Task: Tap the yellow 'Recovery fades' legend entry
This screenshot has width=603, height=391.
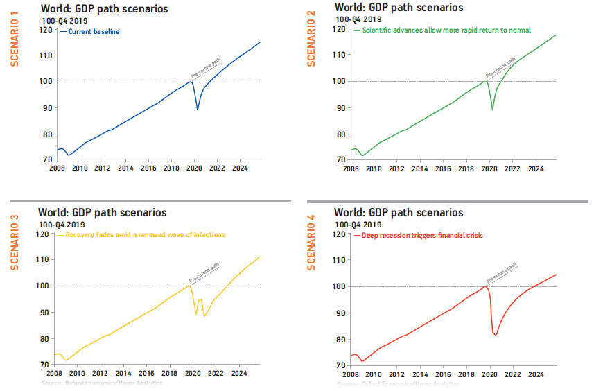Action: click(145, 235)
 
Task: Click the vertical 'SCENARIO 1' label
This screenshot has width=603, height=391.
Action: click(13, 44)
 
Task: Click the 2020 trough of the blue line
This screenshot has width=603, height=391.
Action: click(198, 110)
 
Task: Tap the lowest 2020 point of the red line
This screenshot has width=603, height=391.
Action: click(495, 335)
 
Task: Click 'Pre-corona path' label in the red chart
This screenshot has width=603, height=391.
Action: click(503, 273)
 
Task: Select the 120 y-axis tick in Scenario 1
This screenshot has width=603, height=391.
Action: click(46, 30)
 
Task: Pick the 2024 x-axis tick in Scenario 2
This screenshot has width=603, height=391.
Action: click(535, 169)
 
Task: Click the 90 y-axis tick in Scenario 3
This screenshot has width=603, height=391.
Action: click(46, 312)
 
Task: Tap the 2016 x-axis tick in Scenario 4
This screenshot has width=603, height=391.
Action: click(444, 374)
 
